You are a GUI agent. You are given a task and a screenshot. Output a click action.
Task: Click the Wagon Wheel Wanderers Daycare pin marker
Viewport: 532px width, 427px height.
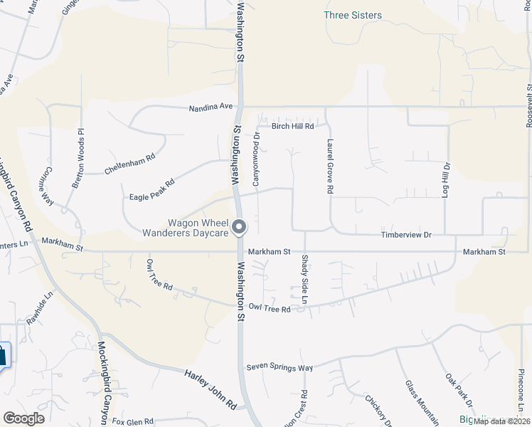pos(239,228)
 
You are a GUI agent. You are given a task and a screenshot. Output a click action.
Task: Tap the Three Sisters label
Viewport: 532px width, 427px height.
pos(352,15)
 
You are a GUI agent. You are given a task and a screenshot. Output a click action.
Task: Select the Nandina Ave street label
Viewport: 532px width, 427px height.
pos(211,107)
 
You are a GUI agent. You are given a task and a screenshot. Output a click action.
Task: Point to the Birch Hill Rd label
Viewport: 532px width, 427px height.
pos(293,126)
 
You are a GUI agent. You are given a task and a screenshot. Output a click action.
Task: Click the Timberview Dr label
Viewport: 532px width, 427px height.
pos(406,234)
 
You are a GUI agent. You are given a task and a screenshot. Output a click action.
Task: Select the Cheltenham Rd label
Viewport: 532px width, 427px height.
pos(129,166)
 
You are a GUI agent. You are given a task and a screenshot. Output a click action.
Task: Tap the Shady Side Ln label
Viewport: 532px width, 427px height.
pos(304,280)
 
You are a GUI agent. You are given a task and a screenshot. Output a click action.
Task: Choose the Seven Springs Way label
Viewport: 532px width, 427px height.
pos(280,367)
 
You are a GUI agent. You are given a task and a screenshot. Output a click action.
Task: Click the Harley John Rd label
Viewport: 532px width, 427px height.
pos(211,388)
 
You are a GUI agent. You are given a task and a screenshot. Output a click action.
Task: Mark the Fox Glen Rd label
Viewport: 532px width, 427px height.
pos(133,421)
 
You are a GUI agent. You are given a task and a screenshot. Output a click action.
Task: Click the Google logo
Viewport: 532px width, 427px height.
pos(23,418)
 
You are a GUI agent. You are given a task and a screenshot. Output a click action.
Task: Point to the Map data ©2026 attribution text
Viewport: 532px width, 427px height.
pos(501,421)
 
